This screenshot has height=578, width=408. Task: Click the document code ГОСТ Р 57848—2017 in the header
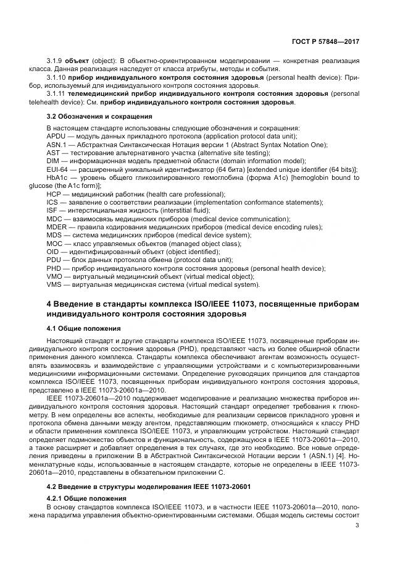tap(325, 41)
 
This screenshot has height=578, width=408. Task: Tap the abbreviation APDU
tap(56, 136)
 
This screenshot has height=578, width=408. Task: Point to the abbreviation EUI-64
tap(57, 169)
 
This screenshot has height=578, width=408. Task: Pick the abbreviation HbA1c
tap(57, 177)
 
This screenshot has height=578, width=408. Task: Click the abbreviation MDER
tap(57, 227)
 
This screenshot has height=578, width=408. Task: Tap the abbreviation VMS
tap(55, 285)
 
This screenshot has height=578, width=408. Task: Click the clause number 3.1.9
tap(56, 62)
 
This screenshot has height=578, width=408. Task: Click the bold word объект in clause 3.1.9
tap(78, 62)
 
